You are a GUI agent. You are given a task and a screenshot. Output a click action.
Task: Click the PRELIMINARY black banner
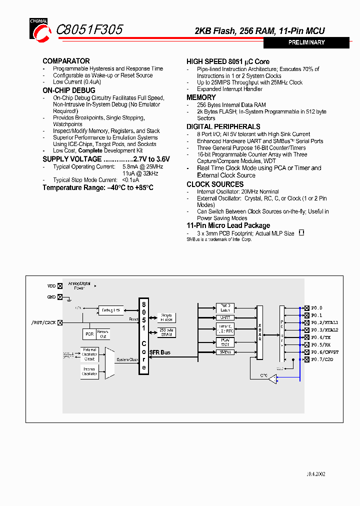coord(306,42)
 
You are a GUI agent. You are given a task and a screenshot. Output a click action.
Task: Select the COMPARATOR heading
coord(66,61)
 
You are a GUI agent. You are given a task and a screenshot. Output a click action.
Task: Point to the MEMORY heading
coord(201,97)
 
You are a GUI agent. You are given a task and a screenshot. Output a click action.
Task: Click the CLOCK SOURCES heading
coord(215,184)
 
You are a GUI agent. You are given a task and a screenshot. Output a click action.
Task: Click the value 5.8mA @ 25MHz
coord(142,167)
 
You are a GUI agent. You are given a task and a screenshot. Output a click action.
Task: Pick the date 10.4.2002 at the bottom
coord(315,474)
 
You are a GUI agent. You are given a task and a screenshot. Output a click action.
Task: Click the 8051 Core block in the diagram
coord(144,335)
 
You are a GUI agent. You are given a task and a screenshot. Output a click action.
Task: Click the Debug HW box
coord(110,310)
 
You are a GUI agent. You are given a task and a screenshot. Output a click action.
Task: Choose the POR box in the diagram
coord(89,333)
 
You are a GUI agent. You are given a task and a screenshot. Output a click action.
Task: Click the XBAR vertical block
coord(259,332)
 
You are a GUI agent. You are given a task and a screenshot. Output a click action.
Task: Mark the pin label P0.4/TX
coord(321,337)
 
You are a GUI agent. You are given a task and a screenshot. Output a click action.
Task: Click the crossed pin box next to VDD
coord(60,286)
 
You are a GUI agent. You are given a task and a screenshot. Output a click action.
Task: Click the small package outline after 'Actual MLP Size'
coord(301,232)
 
